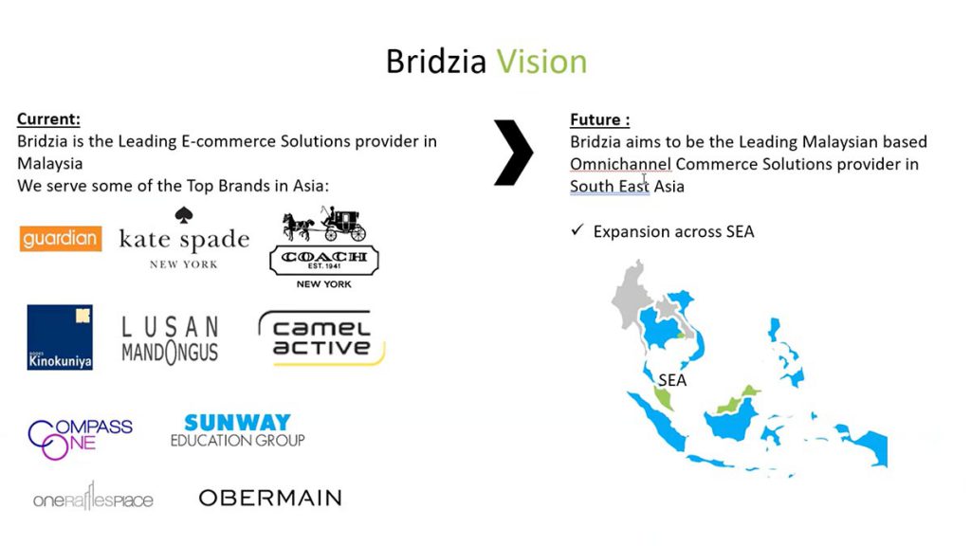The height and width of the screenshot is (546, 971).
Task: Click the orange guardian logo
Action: pyautogui.click(x=61, y=239)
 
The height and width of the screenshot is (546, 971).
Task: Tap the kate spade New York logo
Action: pyautogui.click(x=184, y=238)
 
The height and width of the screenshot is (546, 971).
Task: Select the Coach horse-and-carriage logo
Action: pyautogui.click(x=324, y=247)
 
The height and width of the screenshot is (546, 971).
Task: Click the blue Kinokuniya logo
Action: pyautogui.click(x=60, y=337)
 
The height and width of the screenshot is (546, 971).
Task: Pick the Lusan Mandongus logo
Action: pyautogui.click(x=170, y=340)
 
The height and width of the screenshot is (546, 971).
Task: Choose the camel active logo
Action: pyautogui.click(x=322, y=338)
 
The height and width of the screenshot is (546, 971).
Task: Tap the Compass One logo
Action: pyautogui.click(x=80, y=439)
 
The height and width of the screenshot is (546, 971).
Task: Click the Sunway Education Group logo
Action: pyautogui.click(x=238, y=431)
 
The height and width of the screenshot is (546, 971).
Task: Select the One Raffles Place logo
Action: pyautogui.click(x=93, y=498)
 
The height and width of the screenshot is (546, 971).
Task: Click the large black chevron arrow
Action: pyautogui.click(x=513, y=153)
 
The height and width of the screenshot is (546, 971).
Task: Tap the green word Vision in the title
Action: pyautogui.click(x=541, y=62)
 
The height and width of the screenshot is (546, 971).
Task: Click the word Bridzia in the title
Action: pyautogui.click(x=436, y=62)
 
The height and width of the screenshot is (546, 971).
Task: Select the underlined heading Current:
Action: pyautogui.click(x=48, y=118)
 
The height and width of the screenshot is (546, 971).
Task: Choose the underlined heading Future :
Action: pyautogui.click(x=600, y=119)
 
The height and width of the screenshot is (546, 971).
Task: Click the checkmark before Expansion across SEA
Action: pyautogui.click(x=577, y=230)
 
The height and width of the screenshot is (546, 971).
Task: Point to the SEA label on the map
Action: pyautogui.click(x=672, y=380)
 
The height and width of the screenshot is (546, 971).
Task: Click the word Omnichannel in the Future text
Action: pyautogui.click(x=620, y=164)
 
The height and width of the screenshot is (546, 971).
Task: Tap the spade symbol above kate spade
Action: pyautogui.click(x=184, y=215)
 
